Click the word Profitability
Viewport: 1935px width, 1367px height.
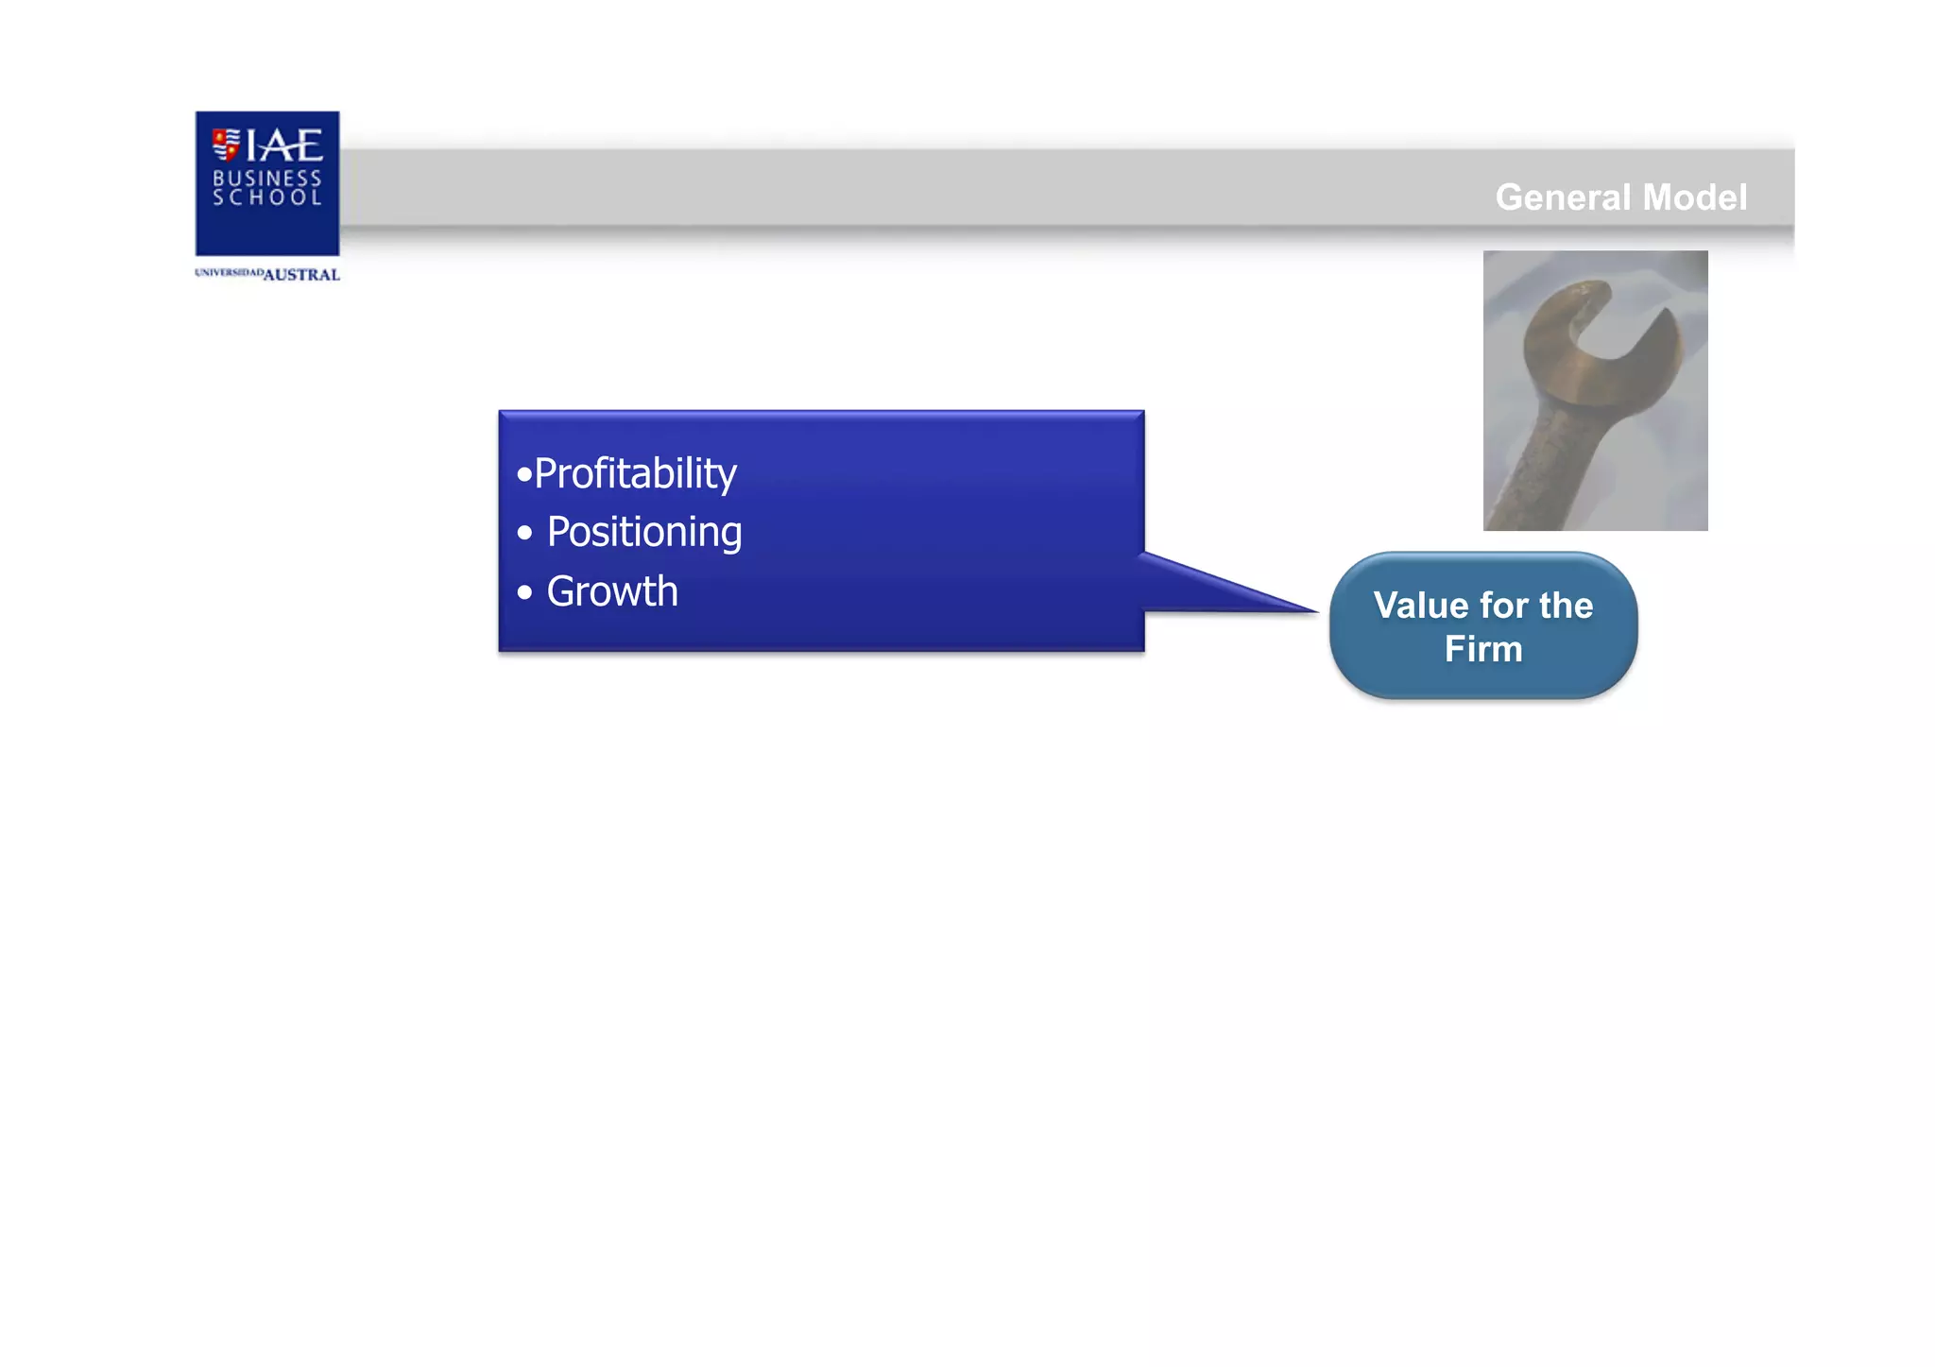point(635,474)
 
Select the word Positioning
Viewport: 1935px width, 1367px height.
point(644,533)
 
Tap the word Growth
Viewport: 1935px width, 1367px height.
point(612,592)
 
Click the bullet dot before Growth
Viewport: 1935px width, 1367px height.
point(525,593)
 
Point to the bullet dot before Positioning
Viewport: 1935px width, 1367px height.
point(525,534)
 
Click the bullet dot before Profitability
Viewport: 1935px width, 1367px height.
point(524,474)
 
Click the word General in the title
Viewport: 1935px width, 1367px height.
point(1563,197)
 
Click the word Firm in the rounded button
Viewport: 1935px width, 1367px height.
point(1483,649)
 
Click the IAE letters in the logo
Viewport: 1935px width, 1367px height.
point(284,145)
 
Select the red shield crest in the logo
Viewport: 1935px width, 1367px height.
point(226,145)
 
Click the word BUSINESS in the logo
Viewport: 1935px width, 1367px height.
point(267,178)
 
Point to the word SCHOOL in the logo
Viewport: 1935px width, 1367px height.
point(267,197)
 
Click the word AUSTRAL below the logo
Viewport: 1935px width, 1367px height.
point(301,275)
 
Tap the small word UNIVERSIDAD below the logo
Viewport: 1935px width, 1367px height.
point(229,273)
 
